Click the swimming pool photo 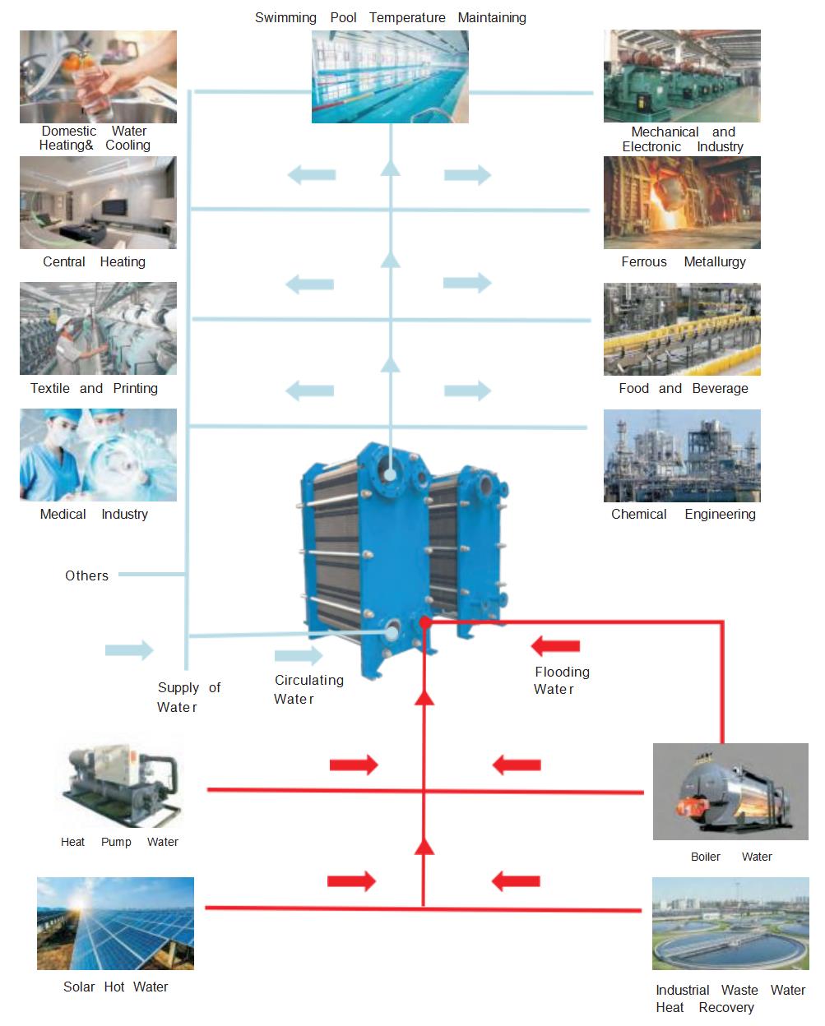(390, 77)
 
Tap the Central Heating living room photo (98, 203)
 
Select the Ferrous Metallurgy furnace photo (682, 203)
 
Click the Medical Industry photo (98, 455)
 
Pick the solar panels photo (115, 923)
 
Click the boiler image (730, 792)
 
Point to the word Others (86, 575)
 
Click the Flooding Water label (561, 681)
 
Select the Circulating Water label (308, 689)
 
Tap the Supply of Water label (188, 697)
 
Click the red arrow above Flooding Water (556, 646)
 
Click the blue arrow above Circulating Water (299, 655)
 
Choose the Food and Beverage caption (683, 388)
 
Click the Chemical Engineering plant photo (682, 455)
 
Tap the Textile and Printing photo (98, 329)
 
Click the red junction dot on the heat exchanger (424, 623)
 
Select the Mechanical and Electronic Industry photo (682, 76)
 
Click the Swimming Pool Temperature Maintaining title (390, 17)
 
